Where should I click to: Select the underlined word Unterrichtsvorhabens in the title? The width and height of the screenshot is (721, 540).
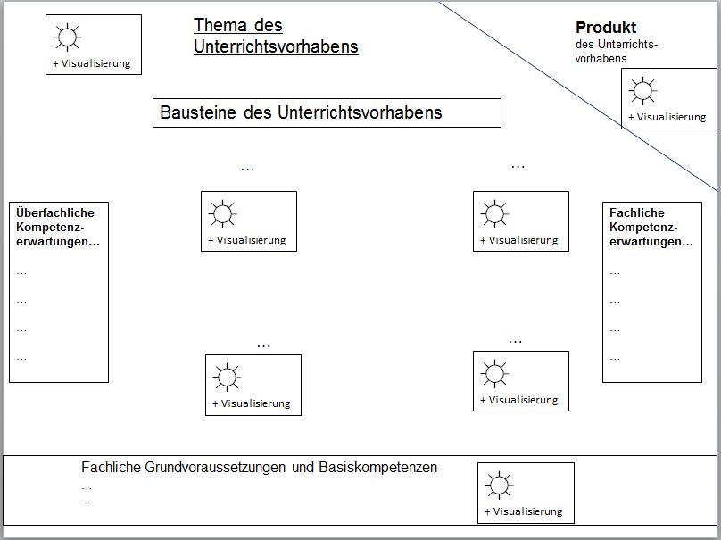(276, 46)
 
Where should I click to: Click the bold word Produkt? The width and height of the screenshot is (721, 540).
(606, 28)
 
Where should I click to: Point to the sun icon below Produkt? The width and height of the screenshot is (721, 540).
(642, 91)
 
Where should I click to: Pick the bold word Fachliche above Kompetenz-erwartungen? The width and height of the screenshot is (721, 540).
(637, 212)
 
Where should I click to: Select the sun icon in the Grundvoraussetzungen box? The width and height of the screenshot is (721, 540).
(498, 486)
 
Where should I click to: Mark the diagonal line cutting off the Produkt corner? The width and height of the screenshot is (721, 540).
(580, 97)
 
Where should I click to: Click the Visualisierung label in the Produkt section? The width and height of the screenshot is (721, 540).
(670, 117)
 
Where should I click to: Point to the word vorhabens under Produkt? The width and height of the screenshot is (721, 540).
(601, 58)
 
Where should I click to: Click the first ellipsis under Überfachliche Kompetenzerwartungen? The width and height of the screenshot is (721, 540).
(21, 272)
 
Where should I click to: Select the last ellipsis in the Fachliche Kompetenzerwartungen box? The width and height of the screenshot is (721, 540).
(615, 358)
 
